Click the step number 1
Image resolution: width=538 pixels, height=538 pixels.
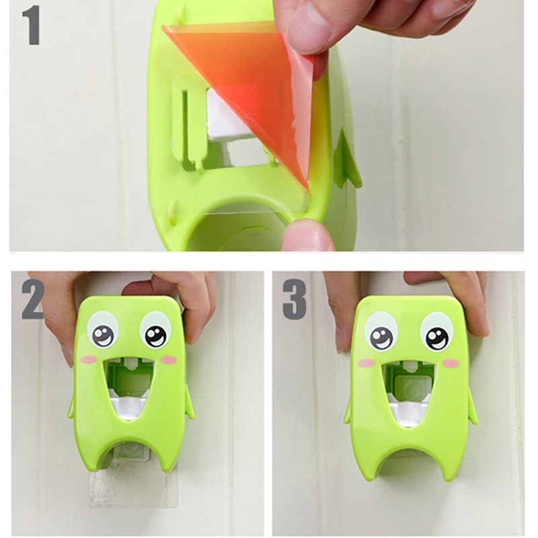click(x=32, y=25)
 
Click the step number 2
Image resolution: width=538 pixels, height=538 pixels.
click(x=33, y=300)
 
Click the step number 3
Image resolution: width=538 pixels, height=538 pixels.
click(x=295, y=300)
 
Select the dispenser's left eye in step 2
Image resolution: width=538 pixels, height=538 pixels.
click(x=103, y=330)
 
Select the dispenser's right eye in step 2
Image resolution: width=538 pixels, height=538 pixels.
click(x=156, y=330)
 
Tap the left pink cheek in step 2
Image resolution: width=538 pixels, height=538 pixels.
click(x=89, y=360)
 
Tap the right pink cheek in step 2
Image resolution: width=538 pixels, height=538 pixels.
click(x=169, y=360)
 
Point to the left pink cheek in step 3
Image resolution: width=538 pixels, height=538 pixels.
click(x=367, y=362)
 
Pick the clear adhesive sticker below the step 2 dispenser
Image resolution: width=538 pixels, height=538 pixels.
click(x=133, y=487)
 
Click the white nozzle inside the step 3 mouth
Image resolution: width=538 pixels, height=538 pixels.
click(x=408, y=410)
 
